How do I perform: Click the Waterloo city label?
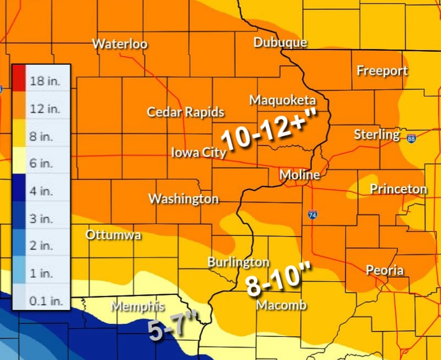pyautogui.click(x=120, y=44)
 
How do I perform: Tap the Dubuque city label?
pyautogui.click(x=280, y=42)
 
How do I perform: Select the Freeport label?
pyautogui.click(x=382, y=71)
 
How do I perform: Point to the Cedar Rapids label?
pyautogui.click(x=185, y=112)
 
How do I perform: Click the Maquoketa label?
pyautogui.click(x=282, y=100)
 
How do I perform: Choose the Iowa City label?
pyautogui.click(x=198, y=152)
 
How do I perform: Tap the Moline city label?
pyautogui.click(x=299, y=175)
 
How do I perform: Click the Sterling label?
pyautogui.click(x=377, y=135)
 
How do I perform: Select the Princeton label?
pyautogui.click(x=398, y=189)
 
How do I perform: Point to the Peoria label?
pyautogui.click(x=385, y=271)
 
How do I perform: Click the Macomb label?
pyautogui.click(x=281, y=305)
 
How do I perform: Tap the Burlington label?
pyautogui.click(x=238, y=262)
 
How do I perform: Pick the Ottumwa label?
pyautogui.click(x=113, y=235)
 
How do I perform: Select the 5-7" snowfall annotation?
pyautogui.click(x=172, y=328)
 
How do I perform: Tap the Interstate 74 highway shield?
pyautogui.click(x=313, y=213)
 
